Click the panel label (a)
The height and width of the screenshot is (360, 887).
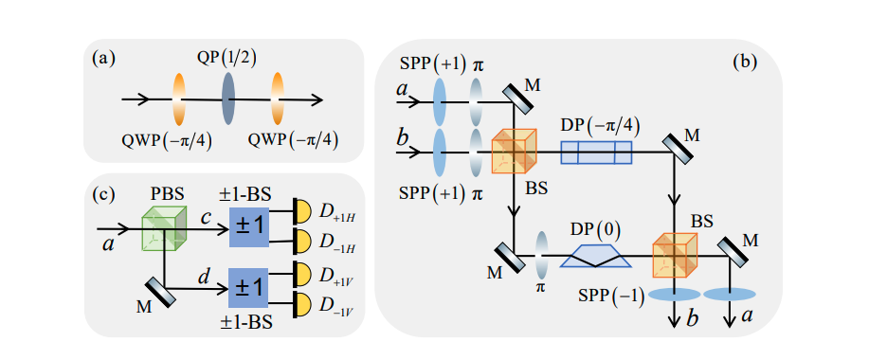tap(103, 59)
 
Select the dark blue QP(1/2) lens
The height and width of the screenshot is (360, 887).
tap(227, 99)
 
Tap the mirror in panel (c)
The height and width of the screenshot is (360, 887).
tap(155, 291)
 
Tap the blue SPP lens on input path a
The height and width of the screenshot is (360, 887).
tap(442, 98)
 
